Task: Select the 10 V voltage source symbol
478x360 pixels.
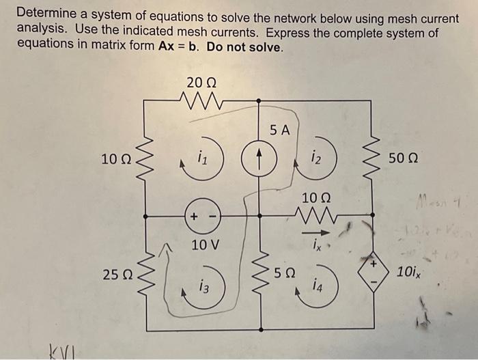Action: (200, 217)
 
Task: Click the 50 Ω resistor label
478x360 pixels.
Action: (404, 159)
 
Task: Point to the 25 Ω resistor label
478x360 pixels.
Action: (114, 275)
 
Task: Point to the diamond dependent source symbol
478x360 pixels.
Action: (374, 271)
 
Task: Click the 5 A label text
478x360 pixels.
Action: (279, 129)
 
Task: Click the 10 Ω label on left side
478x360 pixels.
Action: (114, 160)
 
